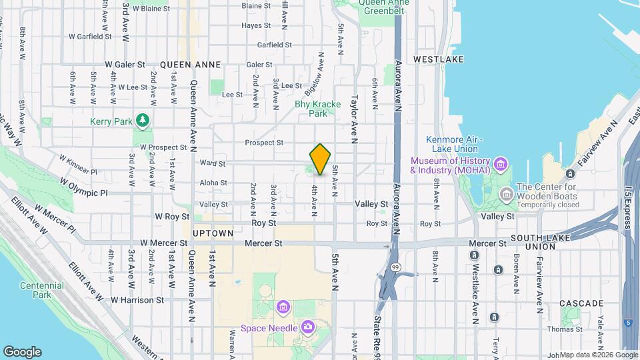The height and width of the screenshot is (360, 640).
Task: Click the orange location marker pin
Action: (x=320, y=159)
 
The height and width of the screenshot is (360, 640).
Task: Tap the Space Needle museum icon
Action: (x=308, y=326)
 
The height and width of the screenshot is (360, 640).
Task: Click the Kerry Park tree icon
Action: (x=141, y=121)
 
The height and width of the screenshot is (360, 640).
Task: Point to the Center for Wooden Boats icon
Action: (x=506, y=195)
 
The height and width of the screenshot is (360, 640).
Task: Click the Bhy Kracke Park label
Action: (x=318, y=109)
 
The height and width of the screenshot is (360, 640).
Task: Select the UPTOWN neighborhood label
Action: (x=213, y=233)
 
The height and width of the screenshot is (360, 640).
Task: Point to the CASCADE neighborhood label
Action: (x=581, y=303)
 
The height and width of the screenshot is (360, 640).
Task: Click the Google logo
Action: (x=22, y=352)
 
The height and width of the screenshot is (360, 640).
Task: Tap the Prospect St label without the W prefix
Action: (x=264, y=143)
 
